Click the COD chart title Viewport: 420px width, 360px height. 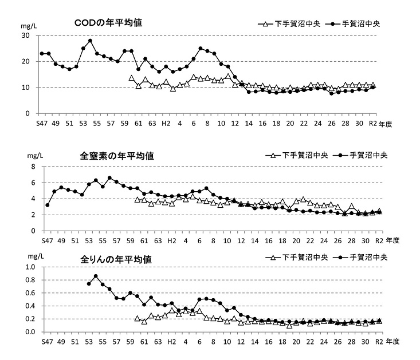108,22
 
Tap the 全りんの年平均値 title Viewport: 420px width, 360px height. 116,259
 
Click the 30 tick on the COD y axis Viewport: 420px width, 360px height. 25,35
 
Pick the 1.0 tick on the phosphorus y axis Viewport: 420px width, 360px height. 30,267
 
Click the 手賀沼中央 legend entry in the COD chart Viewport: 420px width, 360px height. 356,23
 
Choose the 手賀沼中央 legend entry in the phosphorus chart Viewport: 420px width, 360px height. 366,257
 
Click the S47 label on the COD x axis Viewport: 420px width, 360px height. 42,123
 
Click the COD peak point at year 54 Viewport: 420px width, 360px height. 90,41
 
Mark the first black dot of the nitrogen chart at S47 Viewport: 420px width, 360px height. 48,205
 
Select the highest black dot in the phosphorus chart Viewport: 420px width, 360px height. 96,276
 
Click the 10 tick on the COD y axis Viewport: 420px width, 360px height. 25,88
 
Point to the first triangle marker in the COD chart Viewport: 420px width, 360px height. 131,78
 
